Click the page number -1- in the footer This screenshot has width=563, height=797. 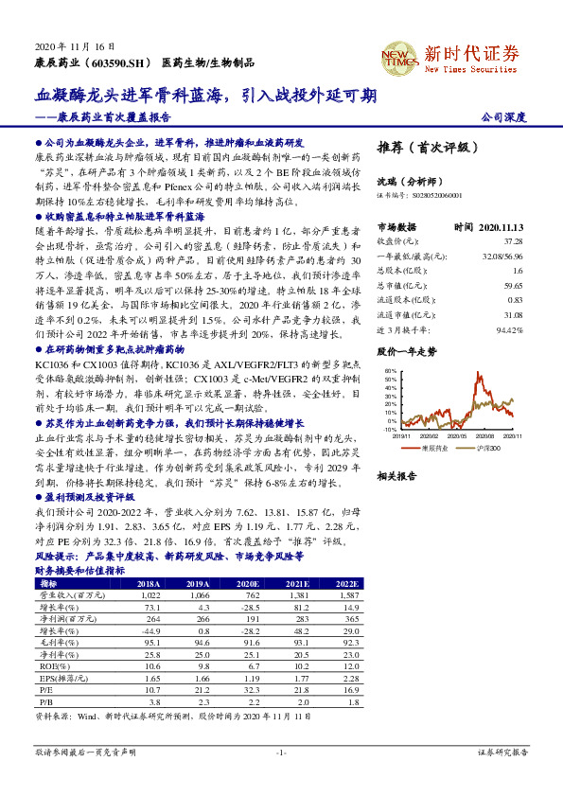(281, 753)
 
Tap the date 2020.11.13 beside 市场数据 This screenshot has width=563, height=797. (500, 226)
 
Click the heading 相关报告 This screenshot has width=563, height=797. (396, 476)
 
